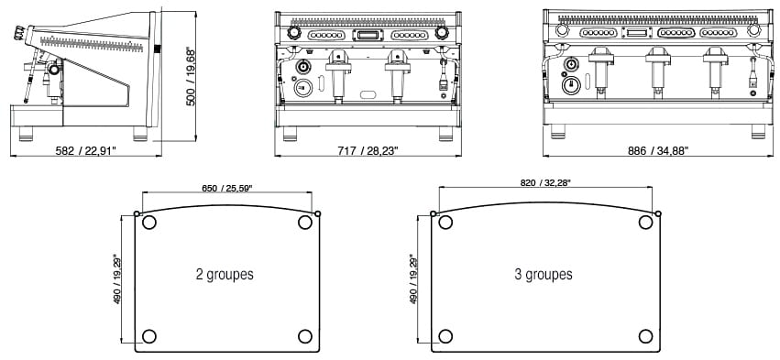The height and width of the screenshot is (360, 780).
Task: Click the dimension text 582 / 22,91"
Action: coord(86,150)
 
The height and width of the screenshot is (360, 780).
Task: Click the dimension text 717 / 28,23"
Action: coord(368,150)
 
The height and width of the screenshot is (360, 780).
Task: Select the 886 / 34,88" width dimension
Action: coord(658,150)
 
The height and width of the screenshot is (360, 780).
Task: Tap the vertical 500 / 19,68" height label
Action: coord(191,77)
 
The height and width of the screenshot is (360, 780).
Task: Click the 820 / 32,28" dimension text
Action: coord(545,182)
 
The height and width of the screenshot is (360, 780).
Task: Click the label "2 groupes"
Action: coord(225,274)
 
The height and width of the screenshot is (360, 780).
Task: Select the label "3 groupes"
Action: coord(544,274)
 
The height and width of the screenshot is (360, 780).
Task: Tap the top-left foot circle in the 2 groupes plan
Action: coord(148,223)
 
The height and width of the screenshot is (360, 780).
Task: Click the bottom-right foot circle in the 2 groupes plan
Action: coord(305,336)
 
